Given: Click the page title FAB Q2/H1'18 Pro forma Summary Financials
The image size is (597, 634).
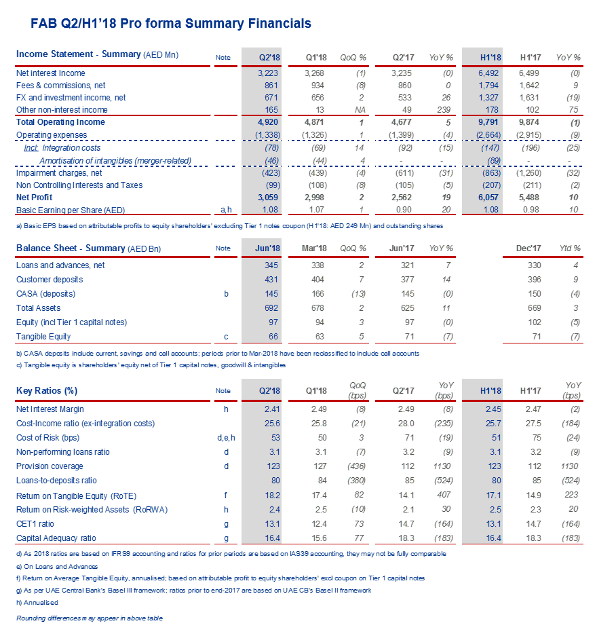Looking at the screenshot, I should pos(171,24).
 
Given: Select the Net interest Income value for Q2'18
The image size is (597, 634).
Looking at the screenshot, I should pos(265,73).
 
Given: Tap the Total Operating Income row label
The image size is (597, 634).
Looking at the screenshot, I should pos(60,122).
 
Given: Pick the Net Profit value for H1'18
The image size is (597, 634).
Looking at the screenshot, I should pos(488,197).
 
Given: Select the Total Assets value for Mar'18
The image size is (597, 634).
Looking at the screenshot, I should pos(317,308).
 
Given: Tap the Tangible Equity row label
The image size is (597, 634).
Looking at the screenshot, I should pos(43,337).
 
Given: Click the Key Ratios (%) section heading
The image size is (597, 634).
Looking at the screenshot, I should pos(47,391).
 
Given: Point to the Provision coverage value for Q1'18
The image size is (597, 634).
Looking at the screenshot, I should pos(318,466).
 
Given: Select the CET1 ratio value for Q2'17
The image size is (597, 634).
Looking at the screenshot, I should pos(405,524).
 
